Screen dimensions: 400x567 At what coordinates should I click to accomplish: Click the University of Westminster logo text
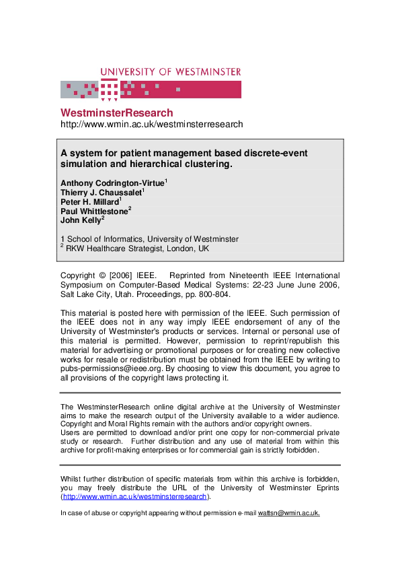[x=170, y=71]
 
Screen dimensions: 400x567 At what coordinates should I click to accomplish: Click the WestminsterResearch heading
[x=116, y=112]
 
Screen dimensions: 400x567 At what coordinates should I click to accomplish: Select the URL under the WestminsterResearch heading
[x=151, y=125]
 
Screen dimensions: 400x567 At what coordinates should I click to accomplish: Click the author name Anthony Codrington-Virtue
[x=112, y=183]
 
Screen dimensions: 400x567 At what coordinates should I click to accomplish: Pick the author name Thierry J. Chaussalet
[x=100, y=193]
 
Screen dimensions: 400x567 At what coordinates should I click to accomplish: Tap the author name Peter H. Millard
[x=89, y=202]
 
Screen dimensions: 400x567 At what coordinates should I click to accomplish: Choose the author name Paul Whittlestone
[x=93, y=211]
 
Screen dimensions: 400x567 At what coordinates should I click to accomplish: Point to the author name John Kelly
[x=80, y=220]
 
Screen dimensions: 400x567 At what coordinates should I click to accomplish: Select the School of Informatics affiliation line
[x=149, y=239]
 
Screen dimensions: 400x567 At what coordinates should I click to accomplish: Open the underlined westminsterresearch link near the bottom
[x=134, y=497]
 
